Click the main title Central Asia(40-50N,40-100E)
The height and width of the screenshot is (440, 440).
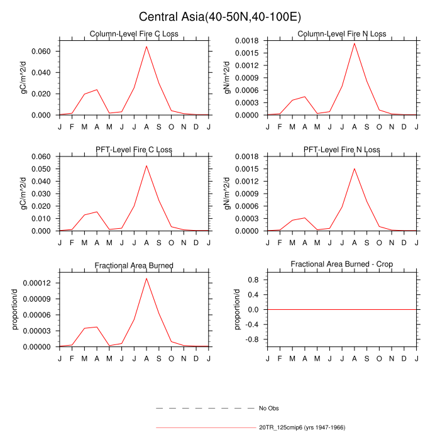pyautogui.click(x=220, y=16)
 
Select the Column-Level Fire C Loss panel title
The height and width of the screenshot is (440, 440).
pyautogui.click(x=134, y=34)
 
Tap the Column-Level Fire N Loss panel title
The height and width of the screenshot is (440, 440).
pyautogui.click(x=342, y=34)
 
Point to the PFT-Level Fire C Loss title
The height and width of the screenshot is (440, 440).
pyautogui.click(x=134, y=150)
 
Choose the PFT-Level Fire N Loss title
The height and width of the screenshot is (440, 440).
pyautogui.click(x=342, y=150)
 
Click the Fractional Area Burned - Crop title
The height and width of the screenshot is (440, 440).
pyautogui.click(x=342, y=265)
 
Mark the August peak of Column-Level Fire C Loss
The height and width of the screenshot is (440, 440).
pyautogui.click(x=146, y=46)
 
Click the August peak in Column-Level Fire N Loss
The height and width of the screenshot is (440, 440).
pyautogui.click(x=355, y=43)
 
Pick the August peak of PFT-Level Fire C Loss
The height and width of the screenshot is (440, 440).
pyautogui.click(x=146, y=165)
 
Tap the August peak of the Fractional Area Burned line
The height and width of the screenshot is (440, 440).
pyautogui.click(x=146, y=278)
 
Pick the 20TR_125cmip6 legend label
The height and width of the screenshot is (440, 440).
pyautogui.click(x=302, y=427)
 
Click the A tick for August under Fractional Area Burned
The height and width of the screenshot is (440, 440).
pyautogui.click(x=146, y=356)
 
